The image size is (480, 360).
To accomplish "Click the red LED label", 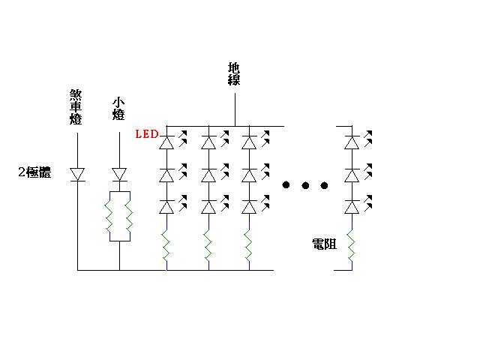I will tap(145, 134).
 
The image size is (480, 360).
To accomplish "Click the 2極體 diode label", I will tap(34, 172).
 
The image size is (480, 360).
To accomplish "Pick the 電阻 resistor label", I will tap(324, 244).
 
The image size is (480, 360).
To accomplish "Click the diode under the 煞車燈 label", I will tap(77, 174).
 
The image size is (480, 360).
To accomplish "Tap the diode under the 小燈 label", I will tap(119, 174).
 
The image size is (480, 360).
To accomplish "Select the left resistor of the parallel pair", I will tap(109, 217).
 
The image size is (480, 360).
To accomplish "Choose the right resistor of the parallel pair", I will tap(130, 217).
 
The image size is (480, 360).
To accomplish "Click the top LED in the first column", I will tap(167, 140).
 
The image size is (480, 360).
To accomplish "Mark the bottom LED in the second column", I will tap(208, 206).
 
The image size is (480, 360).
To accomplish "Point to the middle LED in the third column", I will tap(248, 175).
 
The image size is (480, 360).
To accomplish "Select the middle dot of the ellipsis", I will tap(305, 184).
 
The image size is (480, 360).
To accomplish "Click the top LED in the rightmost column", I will tap(351, 140).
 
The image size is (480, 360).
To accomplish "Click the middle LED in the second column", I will tap(208, 175).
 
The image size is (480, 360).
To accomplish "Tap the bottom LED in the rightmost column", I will tap(351, 206).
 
